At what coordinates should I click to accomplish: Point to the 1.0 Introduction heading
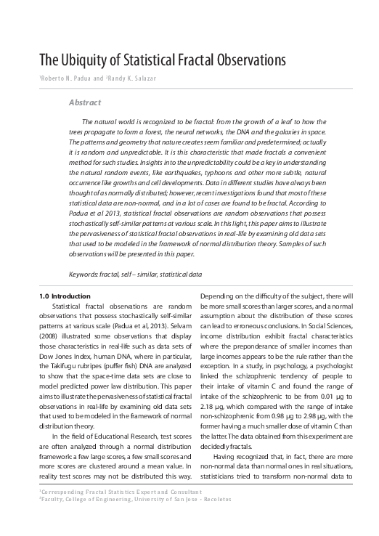click(x=65, y=296)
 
